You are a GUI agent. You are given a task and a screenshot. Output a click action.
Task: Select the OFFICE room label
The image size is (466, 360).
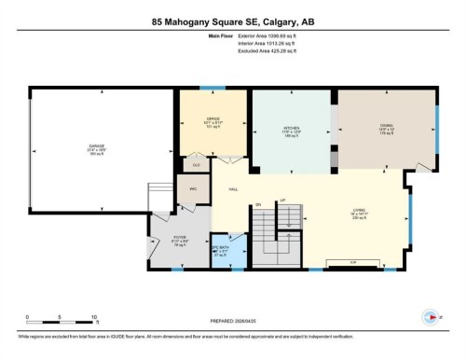pyautogui.click(x=212, y=119)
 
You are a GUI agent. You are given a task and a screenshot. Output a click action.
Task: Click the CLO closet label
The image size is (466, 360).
pyautogui.click(x=197, y=163)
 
